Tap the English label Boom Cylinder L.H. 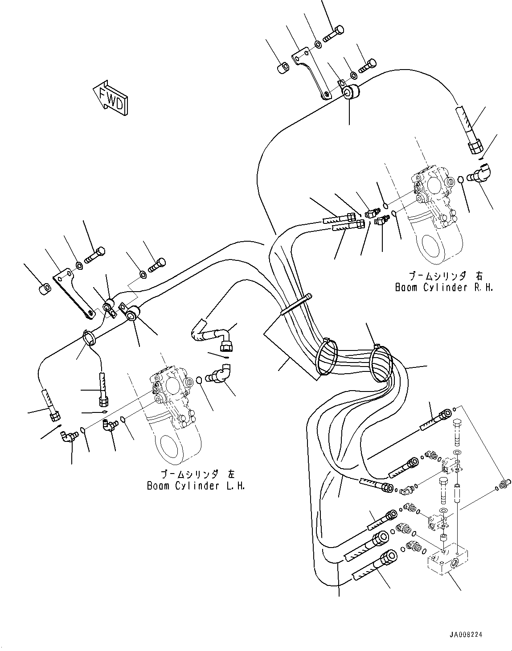(x=196, y=486)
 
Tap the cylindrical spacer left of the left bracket (x=44, y=289)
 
